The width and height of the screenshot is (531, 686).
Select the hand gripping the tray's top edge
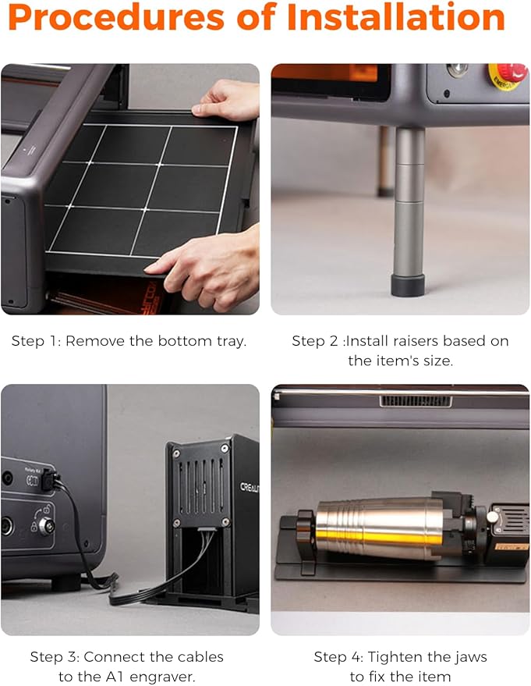(x=228, y=100)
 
